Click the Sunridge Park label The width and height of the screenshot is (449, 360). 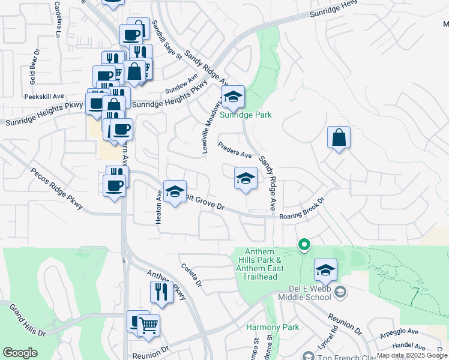click(245, 115)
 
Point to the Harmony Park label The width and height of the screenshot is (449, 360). click(264, 328)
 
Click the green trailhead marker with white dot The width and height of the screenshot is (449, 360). click(304, 244)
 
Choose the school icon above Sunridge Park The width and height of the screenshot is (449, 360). click(232, 96)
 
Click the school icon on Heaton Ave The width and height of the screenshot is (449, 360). click(175, 191)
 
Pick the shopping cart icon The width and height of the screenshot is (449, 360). click(148, 326)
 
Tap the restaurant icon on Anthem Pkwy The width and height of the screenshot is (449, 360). click(161, 292)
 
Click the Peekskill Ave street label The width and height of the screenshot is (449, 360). click(44, 96)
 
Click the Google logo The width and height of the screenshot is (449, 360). click(20, 352)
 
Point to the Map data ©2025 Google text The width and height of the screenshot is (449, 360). click(412, 355)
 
